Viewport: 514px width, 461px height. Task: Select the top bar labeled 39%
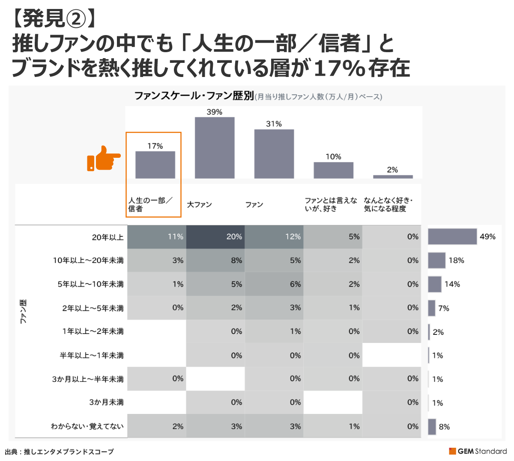click(x=215, y=148)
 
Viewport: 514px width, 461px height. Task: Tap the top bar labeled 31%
click(x=274, y=154)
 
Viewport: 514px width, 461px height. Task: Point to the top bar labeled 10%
click(x=333, y=170)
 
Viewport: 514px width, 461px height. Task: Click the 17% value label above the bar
click(x=155, y=146)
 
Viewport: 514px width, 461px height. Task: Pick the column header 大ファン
click(x=200, y=205)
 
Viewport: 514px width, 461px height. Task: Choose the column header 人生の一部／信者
click(x=150, y=204)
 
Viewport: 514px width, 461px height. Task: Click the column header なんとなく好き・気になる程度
click(x=388, y=204)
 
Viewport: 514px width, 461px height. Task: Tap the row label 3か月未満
click(x=106, y=402)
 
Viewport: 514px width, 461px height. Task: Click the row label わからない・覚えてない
click(x=87, y=426)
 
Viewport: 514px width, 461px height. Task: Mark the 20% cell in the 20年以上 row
click(x=215, y=237)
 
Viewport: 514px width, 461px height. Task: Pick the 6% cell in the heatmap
click(x=274, y=284)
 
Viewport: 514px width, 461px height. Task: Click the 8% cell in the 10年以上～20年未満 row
click(x=215, y=260)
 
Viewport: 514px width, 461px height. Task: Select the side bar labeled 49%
click(x=452, y=237)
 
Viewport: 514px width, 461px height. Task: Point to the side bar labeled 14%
click(x=435, y=284)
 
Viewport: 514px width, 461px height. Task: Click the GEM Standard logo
click(x=478, y=451)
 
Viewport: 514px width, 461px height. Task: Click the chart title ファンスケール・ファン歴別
click(x=194, y=96)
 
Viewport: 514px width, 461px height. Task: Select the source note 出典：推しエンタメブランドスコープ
click(x=60, y=452)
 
